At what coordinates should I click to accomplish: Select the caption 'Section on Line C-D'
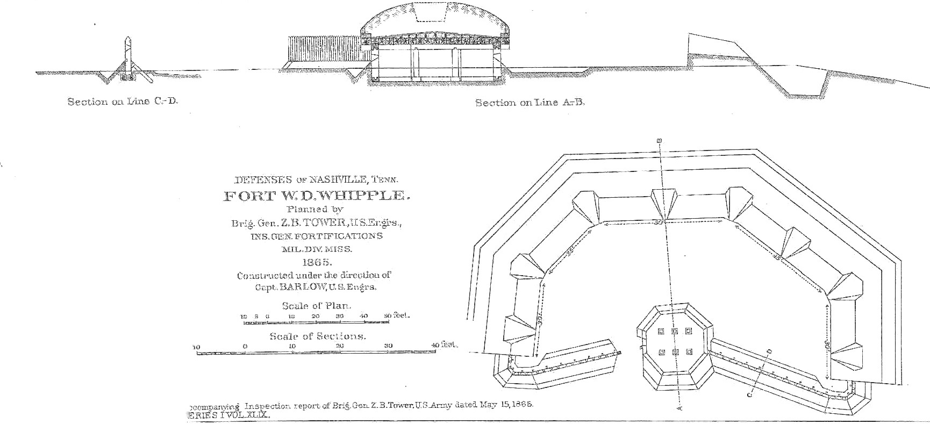click(x=123, y=102)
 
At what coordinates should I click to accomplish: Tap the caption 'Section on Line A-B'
click(x=530, y=103)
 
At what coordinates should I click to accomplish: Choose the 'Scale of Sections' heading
click(x=318, y=336)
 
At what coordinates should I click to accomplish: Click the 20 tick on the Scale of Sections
click(x=340, y=347)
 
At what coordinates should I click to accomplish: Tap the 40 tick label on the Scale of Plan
click(x=363, y=316)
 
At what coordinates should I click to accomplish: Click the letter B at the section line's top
click(x=660, y=141)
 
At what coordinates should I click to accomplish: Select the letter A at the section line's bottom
click(x=678, y=408)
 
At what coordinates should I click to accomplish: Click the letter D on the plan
click(x=769, y=351)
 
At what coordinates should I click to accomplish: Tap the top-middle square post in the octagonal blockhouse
click(x=675, y=331)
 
